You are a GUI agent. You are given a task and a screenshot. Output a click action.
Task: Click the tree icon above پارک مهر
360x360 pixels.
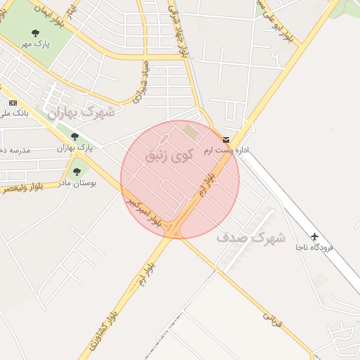[x=35, y=33]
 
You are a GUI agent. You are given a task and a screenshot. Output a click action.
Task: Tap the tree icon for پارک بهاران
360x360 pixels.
[x=75, y=136]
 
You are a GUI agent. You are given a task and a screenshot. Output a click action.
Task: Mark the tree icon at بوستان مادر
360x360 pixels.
[x=77, y=171]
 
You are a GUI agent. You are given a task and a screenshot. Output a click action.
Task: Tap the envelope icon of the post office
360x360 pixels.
[x=226, y=139]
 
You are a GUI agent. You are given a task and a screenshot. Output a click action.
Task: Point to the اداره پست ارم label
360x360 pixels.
[x=221, y=150]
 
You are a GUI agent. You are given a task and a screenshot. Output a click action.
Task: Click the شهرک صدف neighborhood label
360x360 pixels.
[x=251, y=238]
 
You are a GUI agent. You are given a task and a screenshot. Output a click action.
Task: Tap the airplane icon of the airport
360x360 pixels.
[x=314, y=236]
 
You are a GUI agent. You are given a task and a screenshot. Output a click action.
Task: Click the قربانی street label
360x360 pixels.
[x=273, y=321]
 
